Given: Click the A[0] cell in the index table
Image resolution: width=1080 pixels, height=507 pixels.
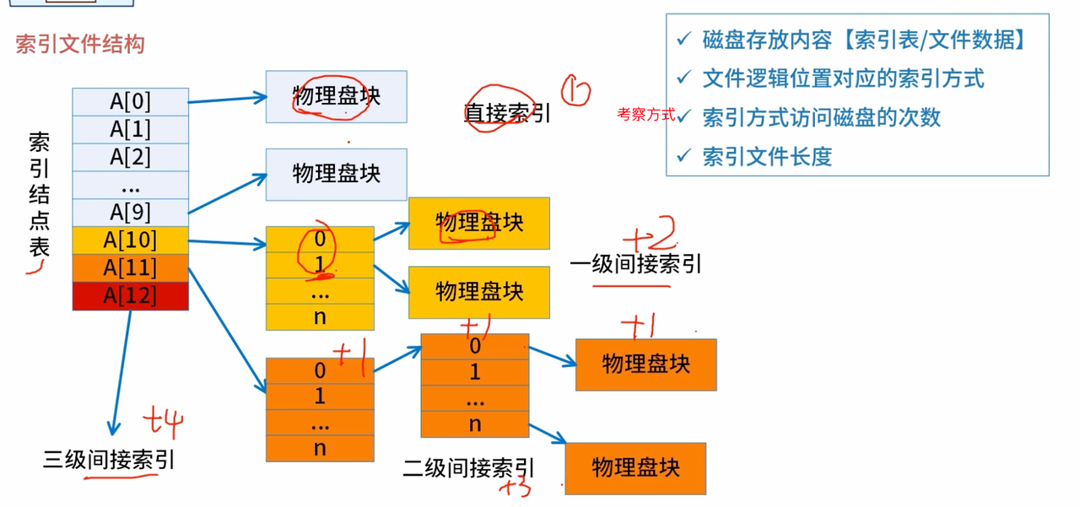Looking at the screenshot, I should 130,101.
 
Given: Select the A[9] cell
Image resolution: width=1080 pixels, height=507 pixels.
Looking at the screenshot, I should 130,212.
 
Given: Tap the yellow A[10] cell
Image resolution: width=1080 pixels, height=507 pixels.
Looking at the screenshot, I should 130,240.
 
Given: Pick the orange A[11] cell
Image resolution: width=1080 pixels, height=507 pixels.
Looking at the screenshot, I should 130,268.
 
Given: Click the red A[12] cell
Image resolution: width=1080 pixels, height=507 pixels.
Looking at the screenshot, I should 130,296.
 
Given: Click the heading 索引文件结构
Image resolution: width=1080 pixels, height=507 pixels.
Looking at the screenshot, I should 80,45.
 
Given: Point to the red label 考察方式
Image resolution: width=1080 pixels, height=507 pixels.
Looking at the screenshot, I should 645,115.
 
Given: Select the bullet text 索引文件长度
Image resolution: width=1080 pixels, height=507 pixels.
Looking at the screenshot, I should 767,157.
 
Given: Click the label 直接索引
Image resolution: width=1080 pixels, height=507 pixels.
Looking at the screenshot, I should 507,113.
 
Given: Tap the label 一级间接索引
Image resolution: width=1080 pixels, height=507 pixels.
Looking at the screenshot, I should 635,264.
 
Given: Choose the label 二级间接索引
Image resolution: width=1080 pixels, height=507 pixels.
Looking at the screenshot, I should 468,468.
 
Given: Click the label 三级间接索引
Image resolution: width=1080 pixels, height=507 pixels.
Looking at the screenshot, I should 109,460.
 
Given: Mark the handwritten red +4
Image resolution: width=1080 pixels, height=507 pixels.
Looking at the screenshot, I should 162,421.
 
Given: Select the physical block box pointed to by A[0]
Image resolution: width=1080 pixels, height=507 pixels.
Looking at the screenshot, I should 336,96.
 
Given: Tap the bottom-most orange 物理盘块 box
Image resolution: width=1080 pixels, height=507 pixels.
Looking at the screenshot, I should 634,468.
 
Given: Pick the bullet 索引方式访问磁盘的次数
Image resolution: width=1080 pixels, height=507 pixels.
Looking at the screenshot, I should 820,117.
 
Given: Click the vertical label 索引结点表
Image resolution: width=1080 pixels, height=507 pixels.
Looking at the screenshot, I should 39,194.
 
